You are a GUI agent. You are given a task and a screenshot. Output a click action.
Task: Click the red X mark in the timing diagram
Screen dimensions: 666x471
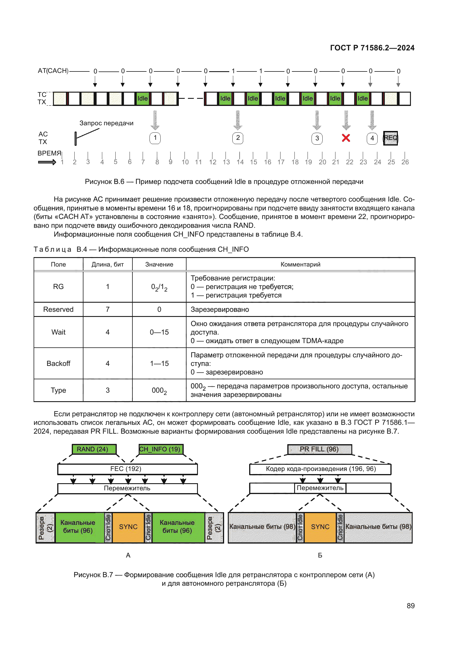346,138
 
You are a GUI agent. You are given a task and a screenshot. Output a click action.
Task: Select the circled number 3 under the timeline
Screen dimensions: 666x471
317,138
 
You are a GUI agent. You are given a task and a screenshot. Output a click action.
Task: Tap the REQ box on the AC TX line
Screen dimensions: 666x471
390,138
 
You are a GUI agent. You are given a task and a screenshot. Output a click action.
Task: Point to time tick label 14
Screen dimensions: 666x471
240,162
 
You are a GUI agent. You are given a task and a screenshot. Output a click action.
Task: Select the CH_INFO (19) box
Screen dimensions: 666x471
161,449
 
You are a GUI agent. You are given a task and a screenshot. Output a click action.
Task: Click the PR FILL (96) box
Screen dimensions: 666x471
319,449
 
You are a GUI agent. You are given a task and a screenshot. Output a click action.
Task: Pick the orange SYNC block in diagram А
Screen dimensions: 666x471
128,527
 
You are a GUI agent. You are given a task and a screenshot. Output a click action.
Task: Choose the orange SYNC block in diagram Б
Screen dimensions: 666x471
320,527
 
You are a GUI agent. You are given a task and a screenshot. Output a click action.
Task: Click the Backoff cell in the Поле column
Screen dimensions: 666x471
58,363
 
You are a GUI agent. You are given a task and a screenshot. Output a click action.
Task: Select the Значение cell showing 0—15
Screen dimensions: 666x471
159,332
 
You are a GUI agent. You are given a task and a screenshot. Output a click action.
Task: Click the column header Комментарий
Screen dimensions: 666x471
300,264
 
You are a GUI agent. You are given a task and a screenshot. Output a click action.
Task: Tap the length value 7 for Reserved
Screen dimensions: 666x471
108,310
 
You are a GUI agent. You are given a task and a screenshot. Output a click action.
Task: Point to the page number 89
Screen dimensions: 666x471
410,606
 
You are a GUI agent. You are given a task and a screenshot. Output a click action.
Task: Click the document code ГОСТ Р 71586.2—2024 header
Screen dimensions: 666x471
372,48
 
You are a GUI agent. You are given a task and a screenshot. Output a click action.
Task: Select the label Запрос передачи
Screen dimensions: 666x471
107,123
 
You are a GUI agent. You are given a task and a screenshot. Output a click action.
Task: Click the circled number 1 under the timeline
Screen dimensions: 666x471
155,138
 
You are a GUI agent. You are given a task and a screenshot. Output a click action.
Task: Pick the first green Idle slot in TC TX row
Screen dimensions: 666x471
142,99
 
